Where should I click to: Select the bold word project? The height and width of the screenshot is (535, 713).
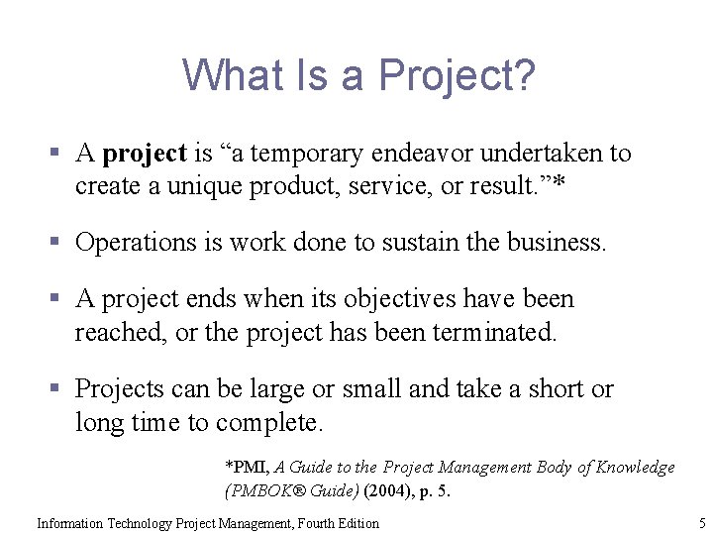tap(145, 154)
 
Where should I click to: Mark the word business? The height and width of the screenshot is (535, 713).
tap(555, 243)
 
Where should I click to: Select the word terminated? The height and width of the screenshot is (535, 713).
tap(495, 333)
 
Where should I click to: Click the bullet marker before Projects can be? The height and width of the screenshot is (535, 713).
tap(59, 389)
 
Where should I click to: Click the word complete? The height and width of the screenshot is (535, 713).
tap(269, 423)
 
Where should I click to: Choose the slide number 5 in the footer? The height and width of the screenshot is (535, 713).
tap(701, 523)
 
